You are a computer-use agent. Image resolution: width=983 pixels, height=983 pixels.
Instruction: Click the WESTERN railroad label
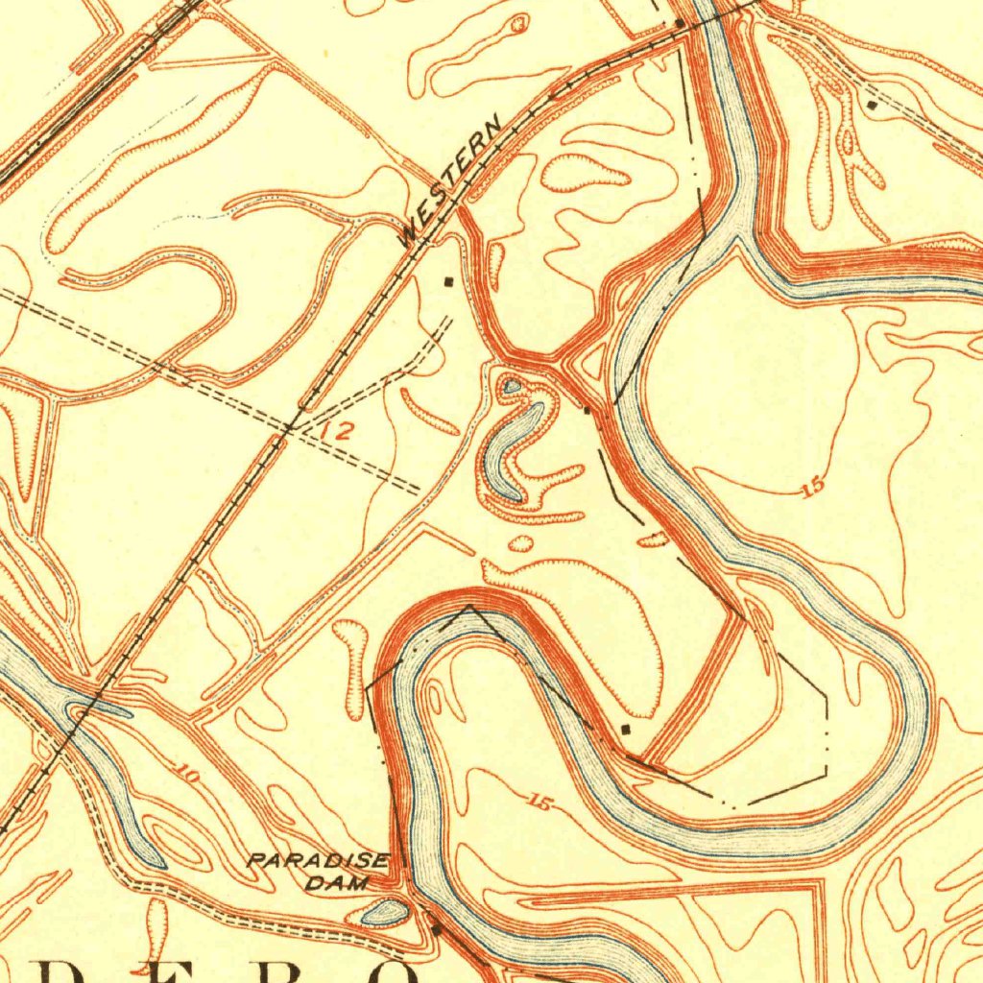click(449, 181)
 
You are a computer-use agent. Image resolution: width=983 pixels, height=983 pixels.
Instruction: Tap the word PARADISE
click(318, 861)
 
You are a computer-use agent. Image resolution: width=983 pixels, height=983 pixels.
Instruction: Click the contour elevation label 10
click(186, 772)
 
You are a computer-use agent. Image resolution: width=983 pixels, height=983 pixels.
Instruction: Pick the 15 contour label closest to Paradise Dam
click(539, 803)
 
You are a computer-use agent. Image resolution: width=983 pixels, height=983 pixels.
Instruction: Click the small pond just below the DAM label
click(383, 913)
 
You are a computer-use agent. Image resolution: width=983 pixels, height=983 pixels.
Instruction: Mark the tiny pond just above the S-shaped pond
click(513, 387)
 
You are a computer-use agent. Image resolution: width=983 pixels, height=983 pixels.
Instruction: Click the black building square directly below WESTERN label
click(448, 281)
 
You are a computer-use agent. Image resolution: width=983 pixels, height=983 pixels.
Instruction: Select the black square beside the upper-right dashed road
click(872, 103)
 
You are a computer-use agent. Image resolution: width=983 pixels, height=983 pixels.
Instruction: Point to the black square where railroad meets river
click(680, 21)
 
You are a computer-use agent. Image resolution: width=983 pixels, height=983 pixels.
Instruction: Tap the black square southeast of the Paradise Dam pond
click(436, 929)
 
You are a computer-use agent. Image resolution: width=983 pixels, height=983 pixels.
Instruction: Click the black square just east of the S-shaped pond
click(587, 411)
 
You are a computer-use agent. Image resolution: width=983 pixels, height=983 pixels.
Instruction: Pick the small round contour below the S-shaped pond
click(520, 544)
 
